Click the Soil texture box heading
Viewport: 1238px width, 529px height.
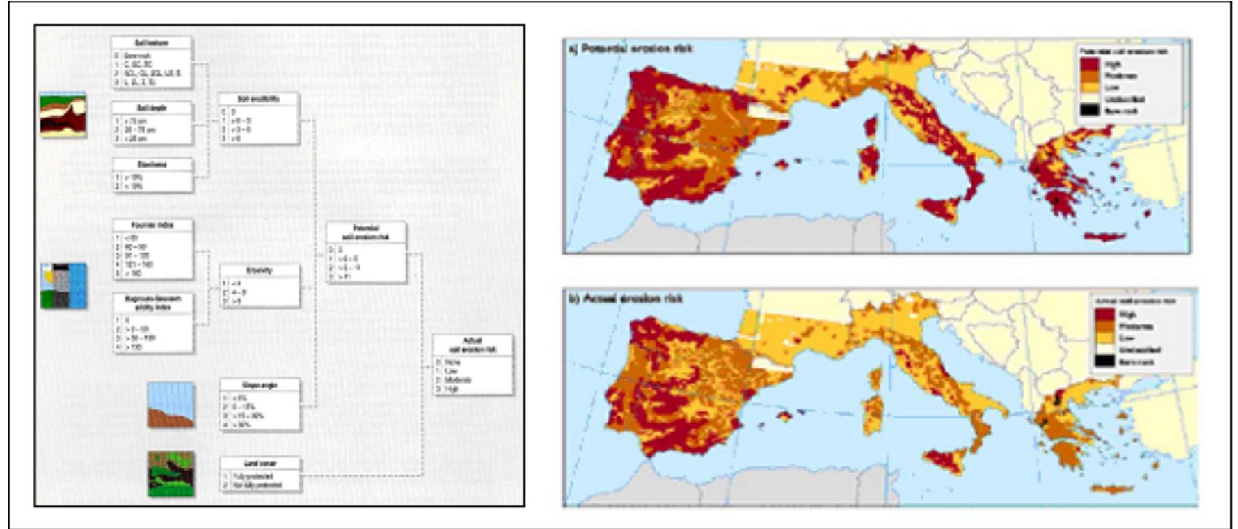point(152,43)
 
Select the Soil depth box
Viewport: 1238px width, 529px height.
point(152,123)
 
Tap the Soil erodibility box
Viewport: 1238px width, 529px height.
point(259,119)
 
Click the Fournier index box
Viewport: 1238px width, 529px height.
point(152,250)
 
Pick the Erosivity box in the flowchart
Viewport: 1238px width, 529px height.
point(259,285)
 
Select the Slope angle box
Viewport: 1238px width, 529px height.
point(260,404)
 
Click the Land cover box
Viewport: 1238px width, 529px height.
point(260,474)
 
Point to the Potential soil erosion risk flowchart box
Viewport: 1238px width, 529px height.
point(366,253)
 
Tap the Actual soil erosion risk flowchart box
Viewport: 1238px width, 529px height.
point(473,365)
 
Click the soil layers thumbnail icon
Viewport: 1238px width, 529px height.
point(63,114)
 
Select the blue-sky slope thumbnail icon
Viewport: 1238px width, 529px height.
point(170,404)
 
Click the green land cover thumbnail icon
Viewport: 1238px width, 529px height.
point(170,474)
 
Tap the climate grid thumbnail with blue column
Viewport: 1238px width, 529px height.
point(63,285)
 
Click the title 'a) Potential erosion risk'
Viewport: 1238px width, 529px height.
point(631,49)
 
